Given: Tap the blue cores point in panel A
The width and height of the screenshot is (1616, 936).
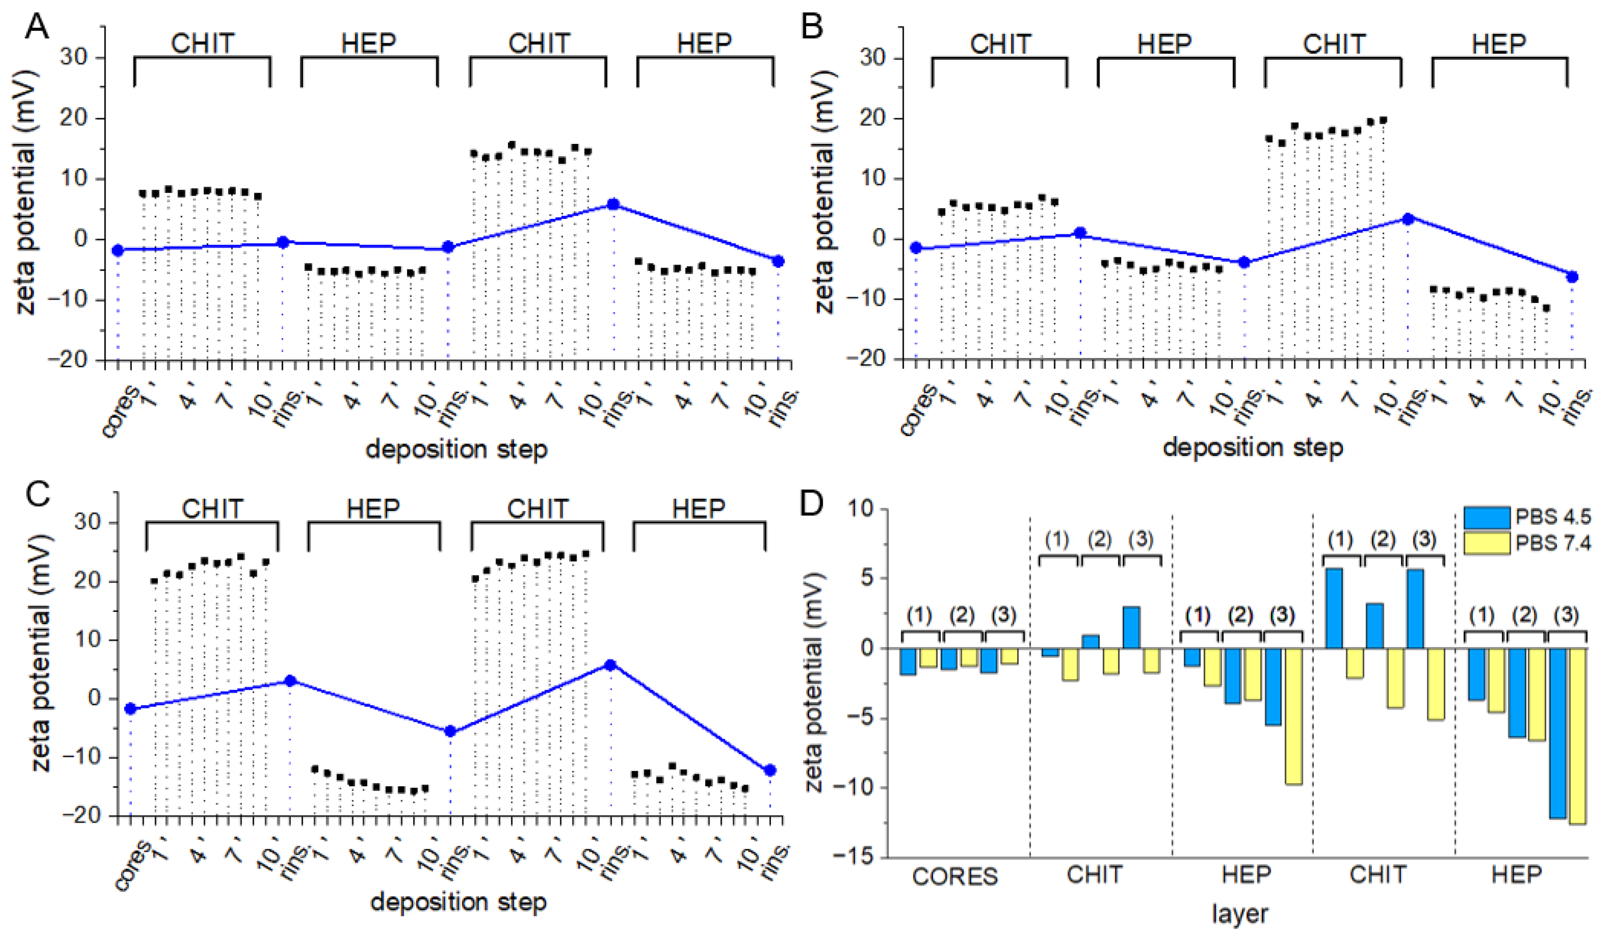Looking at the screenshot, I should click(117, 250).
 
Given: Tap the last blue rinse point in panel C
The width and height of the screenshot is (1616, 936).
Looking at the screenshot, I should click(770, 770).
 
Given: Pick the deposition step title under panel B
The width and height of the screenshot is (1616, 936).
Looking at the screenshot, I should click(1252, 447).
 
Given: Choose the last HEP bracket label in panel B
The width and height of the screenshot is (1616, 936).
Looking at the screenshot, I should click(1499, 44).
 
